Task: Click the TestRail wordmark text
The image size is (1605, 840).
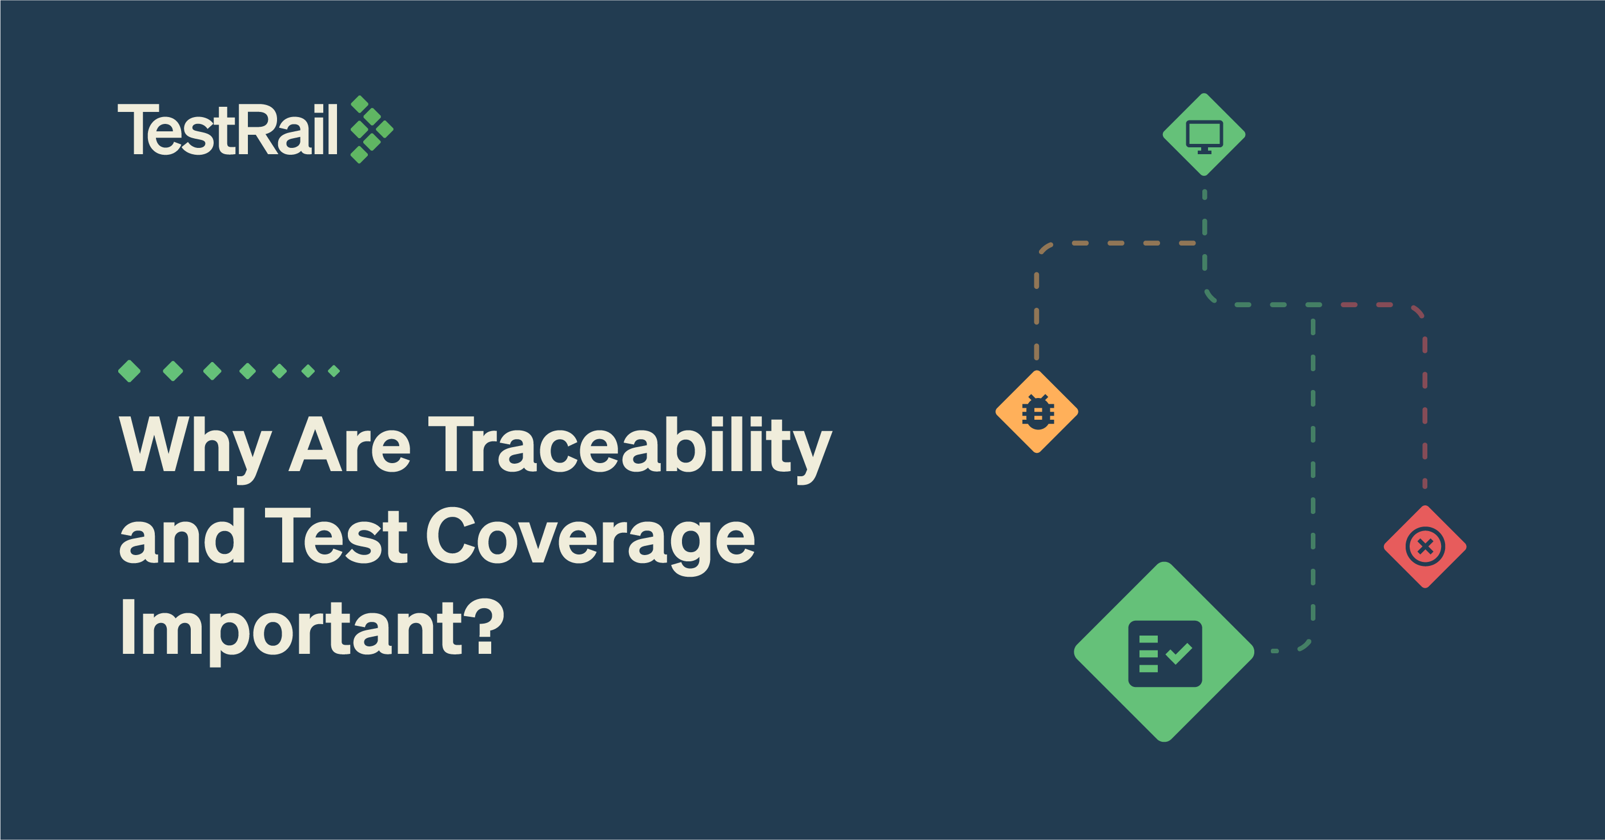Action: point(227,129)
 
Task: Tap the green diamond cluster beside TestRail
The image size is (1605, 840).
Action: point(372,130)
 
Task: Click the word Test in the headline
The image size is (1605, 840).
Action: point(336,536)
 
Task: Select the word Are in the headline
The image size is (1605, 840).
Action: point(350,443)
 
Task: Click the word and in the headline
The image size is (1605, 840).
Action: point(182,536)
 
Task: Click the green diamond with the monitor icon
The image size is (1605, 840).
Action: point(1204,135)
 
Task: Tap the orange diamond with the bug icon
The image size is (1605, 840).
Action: point(1037,412)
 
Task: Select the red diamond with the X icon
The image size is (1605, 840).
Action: point(1425,546)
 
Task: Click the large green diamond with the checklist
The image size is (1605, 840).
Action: point(1164,652)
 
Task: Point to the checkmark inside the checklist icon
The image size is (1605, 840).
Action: point(1179,654)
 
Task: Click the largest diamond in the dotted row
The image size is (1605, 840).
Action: point(130,371)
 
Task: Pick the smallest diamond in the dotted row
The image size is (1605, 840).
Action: point(334,371)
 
